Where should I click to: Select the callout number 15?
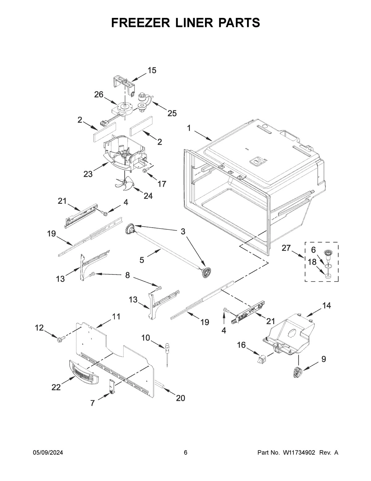point(151,71)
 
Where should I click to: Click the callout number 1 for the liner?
point(189,128)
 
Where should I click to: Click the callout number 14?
point(326,306)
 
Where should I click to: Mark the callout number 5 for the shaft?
point(142,260)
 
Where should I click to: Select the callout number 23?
point(88,174)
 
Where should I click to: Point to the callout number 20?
point(180,398)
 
